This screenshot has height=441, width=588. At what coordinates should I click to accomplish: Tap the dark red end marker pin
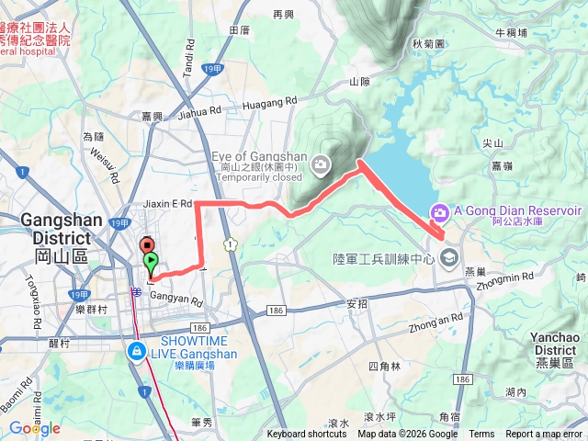[145, 245]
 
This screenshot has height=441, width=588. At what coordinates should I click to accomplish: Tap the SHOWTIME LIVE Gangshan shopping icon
[136, 352]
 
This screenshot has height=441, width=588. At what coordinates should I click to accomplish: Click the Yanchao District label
[554, 344]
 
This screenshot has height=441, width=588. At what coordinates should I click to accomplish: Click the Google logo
[35, 428]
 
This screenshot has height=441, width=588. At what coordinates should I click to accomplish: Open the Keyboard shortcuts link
[308, 435]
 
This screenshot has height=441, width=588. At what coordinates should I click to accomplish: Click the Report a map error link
[545, 435]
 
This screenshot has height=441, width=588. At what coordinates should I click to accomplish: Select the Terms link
[481, 435]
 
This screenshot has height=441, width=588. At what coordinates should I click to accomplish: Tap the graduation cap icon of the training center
[447, 257]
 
